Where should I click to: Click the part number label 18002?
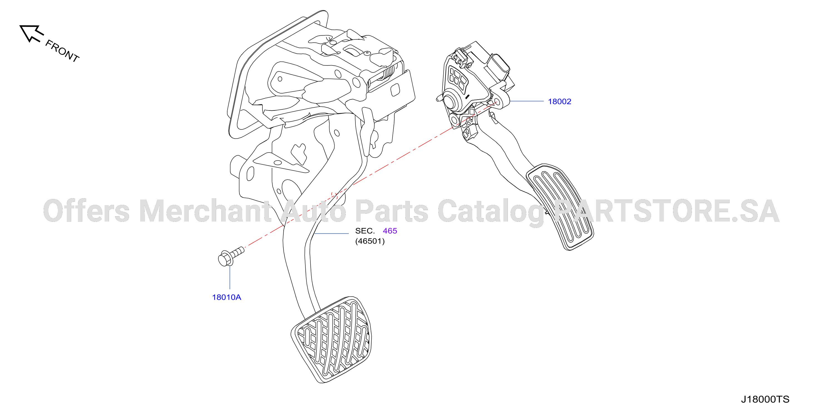(559, 101)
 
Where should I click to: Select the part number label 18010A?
(227, 297)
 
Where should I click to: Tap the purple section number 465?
(390, 231)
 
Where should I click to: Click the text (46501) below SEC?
(370, 241)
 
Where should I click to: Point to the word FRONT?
(62, 51)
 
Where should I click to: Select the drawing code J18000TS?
(765, 399)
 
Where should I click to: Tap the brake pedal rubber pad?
(332, 340)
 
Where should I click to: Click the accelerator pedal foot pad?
(560, 207)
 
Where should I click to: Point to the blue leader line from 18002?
(526, 101)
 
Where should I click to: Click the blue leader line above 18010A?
(230, 277)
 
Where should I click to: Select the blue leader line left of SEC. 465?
(332, 233)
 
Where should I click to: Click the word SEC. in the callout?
(365, 231)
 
